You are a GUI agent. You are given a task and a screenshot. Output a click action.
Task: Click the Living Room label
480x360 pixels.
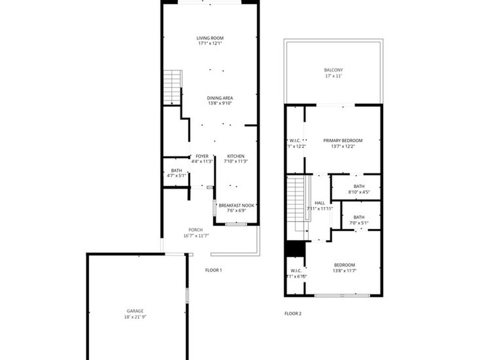point(210,38)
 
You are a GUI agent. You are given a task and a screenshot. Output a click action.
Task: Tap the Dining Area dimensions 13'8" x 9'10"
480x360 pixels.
point(220,103)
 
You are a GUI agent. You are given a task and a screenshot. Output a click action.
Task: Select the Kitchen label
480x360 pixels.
point(236,156)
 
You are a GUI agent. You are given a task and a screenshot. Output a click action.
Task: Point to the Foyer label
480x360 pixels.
point(202,156)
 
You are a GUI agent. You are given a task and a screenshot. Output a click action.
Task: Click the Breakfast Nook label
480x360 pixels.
point(237,205)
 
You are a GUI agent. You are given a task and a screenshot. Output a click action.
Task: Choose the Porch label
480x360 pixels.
point(195,230)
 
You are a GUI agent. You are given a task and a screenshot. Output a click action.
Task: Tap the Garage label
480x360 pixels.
point(135,311)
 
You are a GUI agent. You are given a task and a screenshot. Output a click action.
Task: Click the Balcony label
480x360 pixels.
point(333,70)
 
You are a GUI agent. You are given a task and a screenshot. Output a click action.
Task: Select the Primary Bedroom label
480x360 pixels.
point(343,141)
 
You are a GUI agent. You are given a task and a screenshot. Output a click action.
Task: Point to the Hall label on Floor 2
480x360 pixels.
point(320,203)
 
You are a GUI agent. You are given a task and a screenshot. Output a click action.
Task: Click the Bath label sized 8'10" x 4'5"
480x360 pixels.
point(359,186)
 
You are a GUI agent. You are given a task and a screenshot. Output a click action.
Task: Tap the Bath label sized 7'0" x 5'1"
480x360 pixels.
point(359,217)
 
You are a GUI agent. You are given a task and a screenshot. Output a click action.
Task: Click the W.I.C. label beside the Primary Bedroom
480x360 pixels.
point(295,141)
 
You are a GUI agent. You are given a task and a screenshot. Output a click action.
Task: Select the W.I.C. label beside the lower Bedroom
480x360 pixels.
point(295,270)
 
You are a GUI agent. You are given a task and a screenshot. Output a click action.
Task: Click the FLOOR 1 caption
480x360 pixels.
point(213,270)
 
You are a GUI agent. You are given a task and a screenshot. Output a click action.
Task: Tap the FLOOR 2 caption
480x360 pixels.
point(293,314)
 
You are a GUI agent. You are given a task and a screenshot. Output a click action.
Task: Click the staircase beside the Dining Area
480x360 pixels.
point(172,87)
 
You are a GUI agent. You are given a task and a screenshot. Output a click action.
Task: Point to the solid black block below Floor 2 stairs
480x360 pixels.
point(295,249)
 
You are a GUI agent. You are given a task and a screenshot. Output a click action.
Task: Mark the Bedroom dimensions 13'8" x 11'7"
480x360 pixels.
point(344,270)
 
